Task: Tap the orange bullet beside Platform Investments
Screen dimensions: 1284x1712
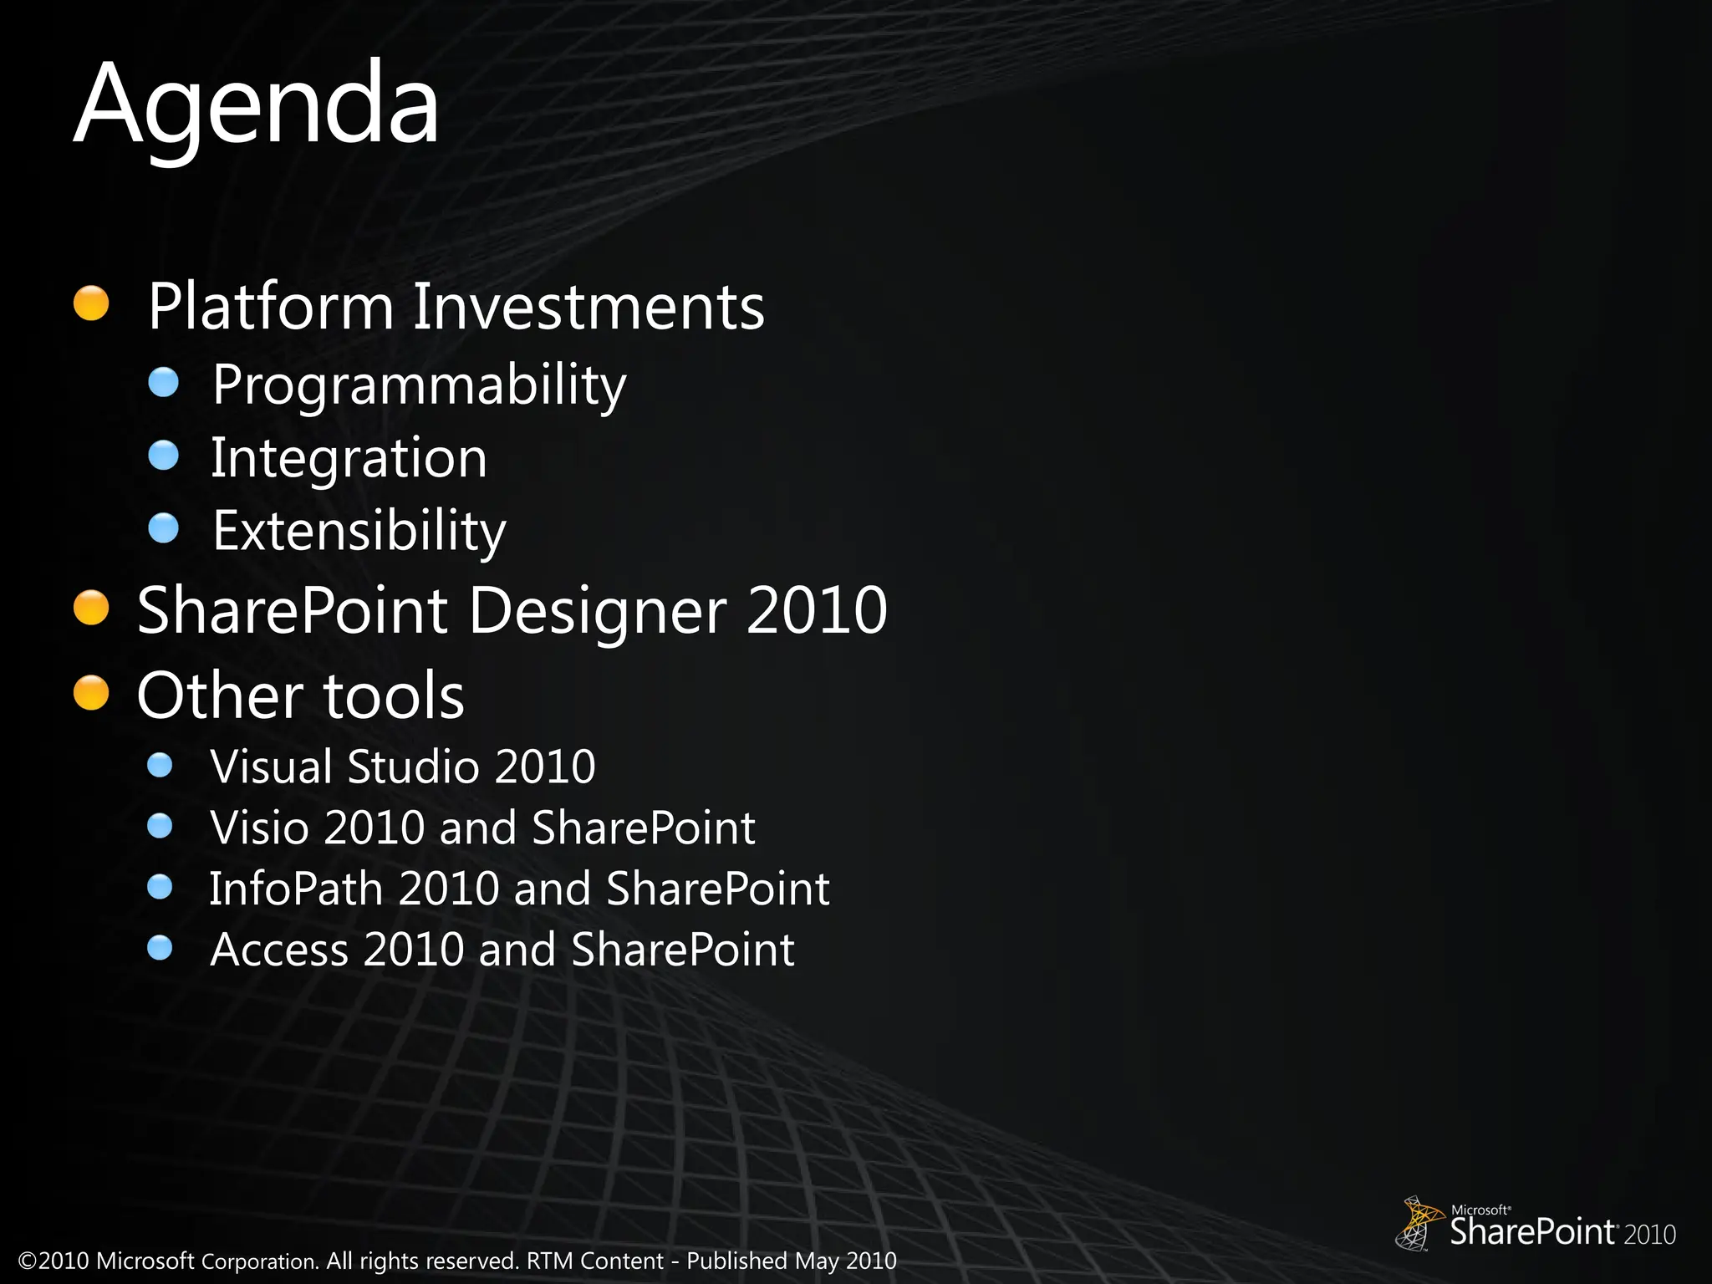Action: (x=91, y=303)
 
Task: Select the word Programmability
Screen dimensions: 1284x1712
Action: (x=419, y=385)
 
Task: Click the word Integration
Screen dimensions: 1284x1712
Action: (x=349, y=458)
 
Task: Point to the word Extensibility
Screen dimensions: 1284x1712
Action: (x=359, y=531)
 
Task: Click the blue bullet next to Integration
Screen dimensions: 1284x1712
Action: (x=163, y=456)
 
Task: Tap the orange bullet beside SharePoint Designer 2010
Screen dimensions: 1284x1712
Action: (x=91, y=608)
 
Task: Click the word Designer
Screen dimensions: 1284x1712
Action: (x=597, y=611)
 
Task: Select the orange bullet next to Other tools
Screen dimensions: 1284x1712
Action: (x=91, y=693)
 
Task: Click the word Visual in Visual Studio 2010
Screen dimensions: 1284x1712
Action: (x=272, y=767)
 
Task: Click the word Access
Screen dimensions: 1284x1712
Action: (x=279, y=950)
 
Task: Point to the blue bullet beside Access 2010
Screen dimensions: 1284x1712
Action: (x=159, y=948)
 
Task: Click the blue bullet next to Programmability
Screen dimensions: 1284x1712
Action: (x=163, y=383)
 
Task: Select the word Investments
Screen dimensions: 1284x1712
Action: (x=588, y=307)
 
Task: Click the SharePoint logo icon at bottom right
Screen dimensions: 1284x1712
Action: (x=1417, y=1223)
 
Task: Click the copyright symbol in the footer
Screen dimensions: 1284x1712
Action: (x=28, y=1261)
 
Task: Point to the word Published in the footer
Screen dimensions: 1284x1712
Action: (x=736, y=1261)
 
